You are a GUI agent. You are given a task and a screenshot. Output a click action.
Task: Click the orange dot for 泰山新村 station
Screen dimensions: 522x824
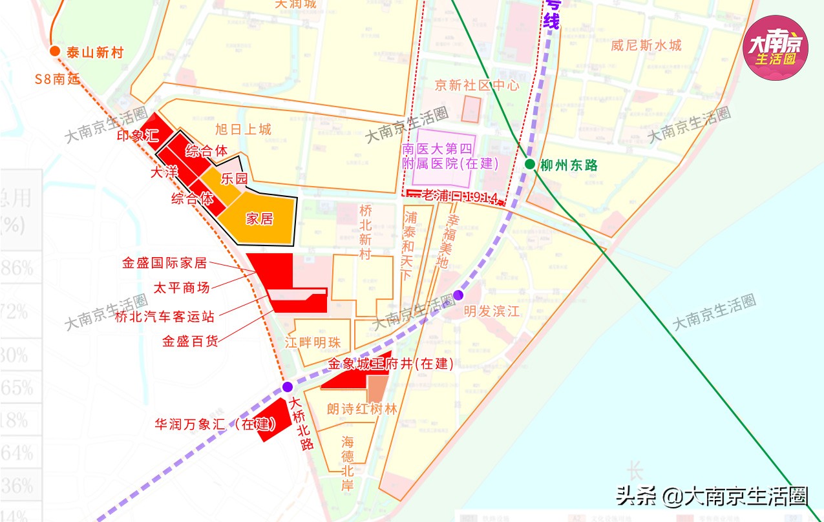tap(54, 52)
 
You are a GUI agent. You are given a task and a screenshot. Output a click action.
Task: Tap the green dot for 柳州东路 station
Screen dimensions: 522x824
tap(530, 164)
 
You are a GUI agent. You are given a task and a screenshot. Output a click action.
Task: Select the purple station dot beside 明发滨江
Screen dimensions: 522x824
tap(458, 295)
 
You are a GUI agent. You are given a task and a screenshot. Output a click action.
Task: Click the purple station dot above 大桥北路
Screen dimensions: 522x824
tap(288, 387)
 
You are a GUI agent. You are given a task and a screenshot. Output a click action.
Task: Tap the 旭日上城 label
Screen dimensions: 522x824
tap(243, 130)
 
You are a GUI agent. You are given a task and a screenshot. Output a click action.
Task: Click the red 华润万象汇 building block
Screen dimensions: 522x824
tap(274, 420)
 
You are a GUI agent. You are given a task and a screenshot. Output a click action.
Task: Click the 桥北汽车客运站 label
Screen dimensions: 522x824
tap(164, 317)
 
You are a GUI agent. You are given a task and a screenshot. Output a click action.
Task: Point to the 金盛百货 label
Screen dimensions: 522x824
tap(190, 341)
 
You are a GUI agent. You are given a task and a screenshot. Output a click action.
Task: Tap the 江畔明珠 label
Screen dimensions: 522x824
tap(313, 342)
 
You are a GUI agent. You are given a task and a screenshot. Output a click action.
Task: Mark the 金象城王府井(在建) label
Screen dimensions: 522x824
tap(390, 364)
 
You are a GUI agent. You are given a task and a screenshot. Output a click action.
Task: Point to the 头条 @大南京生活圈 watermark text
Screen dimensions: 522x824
tap(712, 496)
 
